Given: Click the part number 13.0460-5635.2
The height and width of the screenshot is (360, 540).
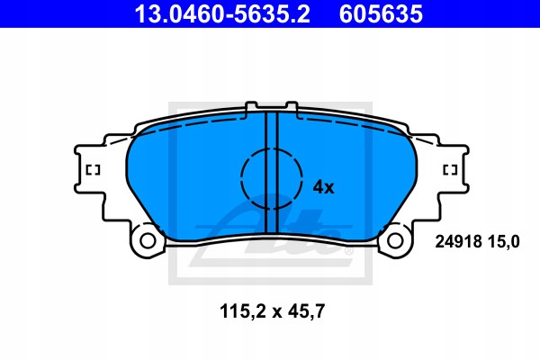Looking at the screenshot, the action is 222,13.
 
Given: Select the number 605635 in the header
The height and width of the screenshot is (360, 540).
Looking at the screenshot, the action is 381,13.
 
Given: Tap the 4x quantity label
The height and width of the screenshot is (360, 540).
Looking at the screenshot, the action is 323,187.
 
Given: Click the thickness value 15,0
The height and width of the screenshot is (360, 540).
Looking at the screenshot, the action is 503,242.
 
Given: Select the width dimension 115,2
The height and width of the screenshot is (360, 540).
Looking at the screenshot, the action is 243,311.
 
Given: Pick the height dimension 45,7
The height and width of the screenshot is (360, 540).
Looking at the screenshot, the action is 306,311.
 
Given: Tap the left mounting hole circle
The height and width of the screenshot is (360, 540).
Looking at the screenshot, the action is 148,241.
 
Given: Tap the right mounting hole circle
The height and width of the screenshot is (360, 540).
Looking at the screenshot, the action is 395,241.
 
